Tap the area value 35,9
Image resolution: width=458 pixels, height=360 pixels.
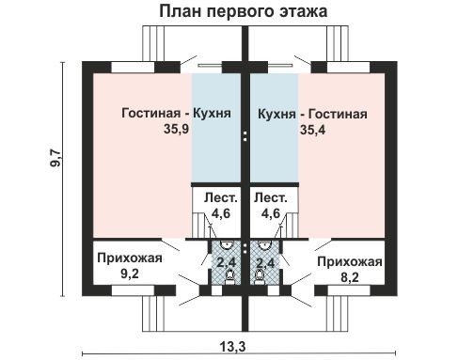[x=177, y=131]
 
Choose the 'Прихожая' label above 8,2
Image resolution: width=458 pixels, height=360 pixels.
[x=348, y=261]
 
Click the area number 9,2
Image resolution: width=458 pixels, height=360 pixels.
[x=129, y=275]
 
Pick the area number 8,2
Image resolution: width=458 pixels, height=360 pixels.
[x=348, y=277]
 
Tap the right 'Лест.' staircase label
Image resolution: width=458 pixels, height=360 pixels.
[x=271, y=198]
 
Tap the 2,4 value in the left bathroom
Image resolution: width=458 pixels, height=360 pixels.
[x=226, y=262]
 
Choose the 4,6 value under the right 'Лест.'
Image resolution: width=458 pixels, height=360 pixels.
[x=271, y=213]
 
